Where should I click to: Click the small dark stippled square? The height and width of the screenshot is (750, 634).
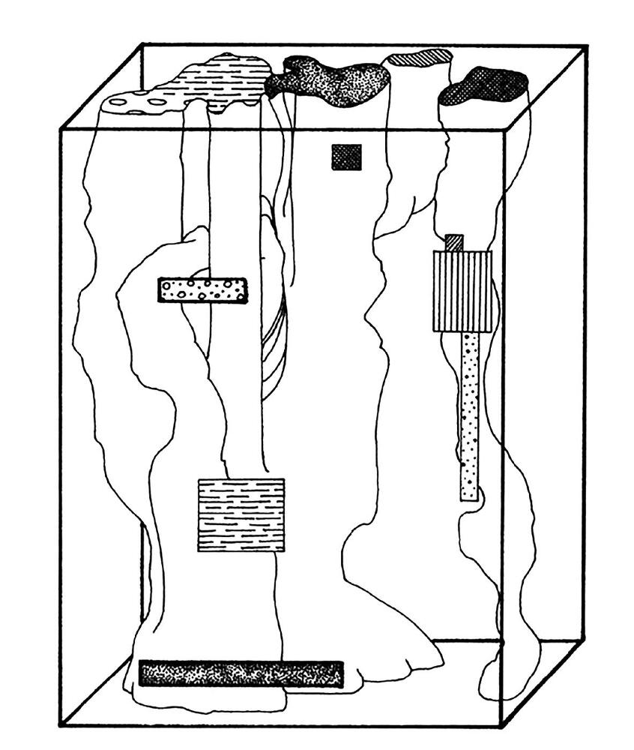pos(346,157)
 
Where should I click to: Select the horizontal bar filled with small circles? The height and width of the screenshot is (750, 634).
pos(202,290)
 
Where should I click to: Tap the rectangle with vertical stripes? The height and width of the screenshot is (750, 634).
pos(462,291)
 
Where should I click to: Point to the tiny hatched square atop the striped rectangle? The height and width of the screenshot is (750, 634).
pos(454,242)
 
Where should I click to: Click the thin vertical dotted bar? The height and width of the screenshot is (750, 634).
pos(469,416)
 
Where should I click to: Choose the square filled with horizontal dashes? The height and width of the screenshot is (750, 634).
pos(241,514)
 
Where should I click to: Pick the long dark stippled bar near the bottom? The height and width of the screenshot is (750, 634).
pos(241,673)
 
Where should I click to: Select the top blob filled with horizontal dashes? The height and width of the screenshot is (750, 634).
pos(225,79)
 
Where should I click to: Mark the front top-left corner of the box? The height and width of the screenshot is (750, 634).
pos(61,129)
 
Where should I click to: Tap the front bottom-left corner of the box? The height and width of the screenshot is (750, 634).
pos(61,725)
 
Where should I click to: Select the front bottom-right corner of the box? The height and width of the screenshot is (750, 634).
pos(501,725)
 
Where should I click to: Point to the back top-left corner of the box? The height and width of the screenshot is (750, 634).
pos(142,45)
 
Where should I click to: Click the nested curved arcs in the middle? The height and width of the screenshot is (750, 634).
pos(274,345)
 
